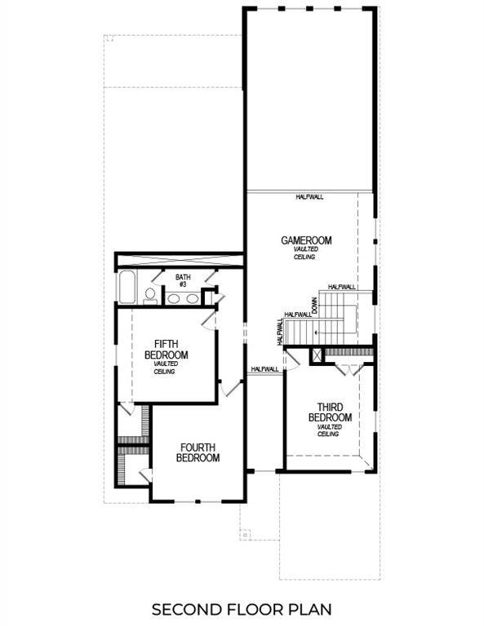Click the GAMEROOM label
tap(306, 240)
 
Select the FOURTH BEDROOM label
tap(198, 452)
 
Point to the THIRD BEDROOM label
tap(329, 412)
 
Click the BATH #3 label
tap(182, 281)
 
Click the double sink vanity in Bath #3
tap(181, 298)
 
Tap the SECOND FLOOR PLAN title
tap(242, 608)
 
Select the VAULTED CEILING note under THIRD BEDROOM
tap(329, 430)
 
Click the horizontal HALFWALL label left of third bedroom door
tap(265, 369)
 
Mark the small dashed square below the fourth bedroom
tap(244, 534)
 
